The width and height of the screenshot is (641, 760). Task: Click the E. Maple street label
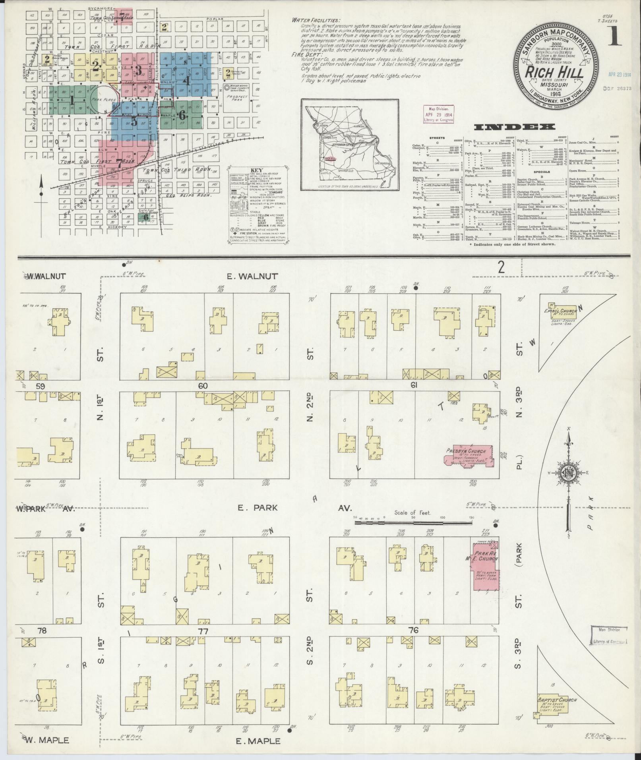coord(258,741)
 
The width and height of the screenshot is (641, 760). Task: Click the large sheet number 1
coord(614,36)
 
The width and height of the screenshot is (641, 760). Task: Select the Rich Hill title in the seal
coord(555,73)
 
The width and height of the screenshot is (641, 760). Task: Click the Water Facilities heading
coord(316,20)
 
